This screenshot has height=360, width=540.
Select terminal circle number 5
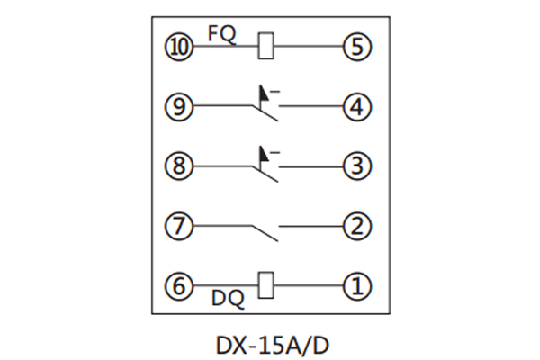pyautogui.click(x=357, y=46)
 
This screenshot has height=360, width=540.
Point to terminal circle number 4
pyautogui.click(x=357, y=106)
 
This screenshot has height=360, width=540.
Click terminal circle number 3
pyautogui.click(x=357, y=166)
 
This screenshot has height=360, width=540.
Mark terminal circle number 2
pyautogui.click(x=357, y=226)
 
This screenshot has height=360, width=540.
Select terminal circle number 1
pyautogui.click(x=357, y=286)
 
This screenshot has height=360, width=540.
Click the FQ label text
pyautogui.click(x=221, y=32)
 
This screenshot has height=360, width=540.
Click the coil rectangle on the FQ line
pyautogui.click(x=265, y=46)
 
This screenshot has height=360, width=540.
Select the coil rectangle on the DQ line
pyautogui.click(x=265, y=286)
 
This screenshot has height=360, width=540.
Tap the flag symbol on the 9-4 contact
pyautogui.click(x=264, y=93)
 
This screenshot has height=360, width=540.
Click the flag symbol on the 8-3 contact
pyautogui.click(x=264, y=153)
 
